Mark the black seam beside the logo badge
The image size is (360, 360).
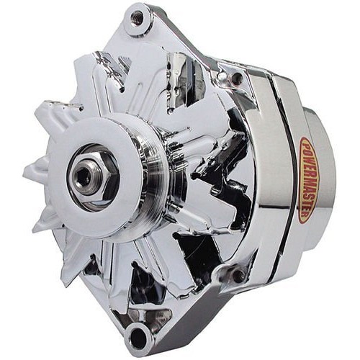(x=291, y=180)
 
